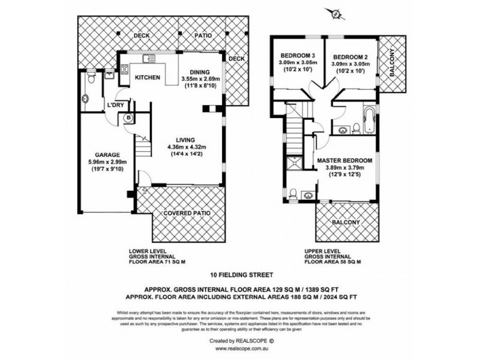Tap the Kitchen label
[146, 78]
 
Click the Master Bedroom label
[345, 161]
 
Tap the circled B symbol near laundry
[128, 118]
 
